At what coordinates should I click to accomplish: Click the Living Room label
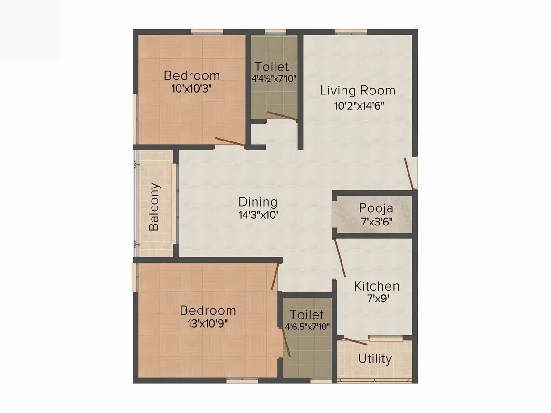357,90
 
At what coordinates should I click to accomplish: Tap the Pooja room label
376,208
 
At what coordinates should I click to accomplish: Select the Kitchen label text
377,286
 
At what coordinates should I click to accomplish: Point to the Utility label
375,358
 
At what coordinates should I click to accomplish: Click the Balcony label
154,206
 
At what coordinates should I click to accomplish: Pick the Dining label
258,202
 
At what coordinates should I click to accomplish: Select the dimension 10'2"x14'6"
358,105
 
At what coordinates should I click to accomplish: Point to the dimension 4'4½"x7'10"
274,78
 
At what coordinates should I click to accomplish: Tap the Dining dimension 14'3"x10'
258,215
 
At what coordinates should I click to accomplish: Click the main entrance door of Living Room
410,174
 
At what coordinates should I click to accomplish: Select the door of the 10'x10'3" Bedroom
230,141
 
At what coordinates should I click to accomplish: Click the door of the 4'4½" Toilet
283,115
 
